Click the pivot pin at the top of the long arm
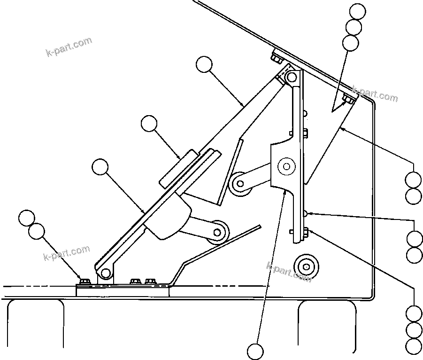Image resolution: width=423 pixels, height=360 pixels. pyautogui.click(x=292, y=77)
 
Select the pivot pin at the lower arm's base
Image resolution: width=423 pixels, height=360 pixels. pyautogui.click(x=106, y=272)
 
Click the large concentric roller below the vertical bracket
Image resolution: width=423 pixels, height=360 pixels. pyautogui.click(x=306, y=267)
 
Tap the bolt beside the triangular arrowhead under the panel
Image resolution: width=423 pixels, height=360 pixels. pyautogui.click(x=348, y=99)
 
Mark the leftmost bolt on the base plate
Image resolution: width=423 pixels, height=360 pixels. pyautogui.click(x=85, y=281)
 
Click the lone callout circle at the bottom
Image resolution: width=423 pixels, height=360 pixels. pyautogui.click(x=256, y=351)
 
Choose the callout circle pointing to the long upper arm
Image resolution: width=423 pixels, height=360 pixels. pyautogui.click(x=204, y=64)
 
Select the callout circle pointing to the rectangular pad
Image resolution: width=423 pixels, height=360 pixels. pyautogui.click(x=149, y=124)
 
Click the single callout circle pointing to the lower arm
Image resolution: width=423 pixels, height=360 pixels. pyautogui.click(x=100, y=167)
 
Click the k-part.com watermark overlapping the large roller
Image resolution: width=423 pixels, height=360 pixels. pyautogui.click(x=289, y=272)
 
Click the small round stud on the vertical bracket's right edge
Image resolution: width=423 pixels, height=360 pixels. pyautogui.click(x=306, y=214)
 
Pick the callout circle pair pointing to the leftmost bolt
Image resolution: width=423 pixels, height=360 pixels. pyautogui.click(x=31, y=224)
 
